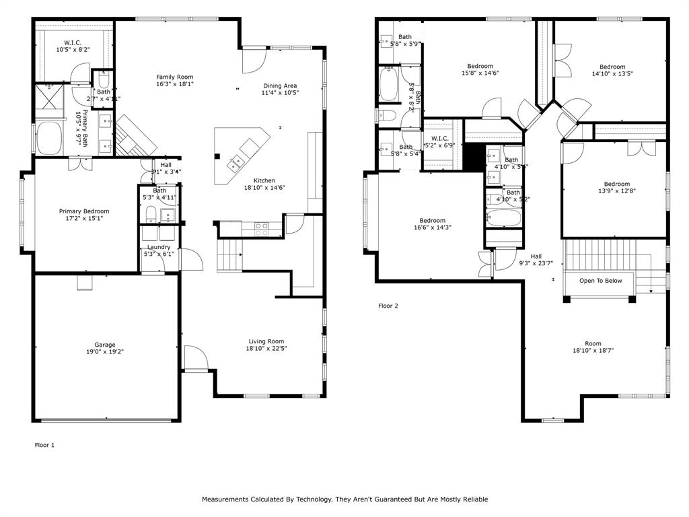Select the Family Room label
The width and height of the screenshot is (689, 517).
click(x=175, y=77)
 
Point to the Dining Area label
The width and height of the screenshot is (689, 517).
click(x=279, y=85)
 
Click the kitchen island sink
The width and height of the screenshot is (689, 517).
click(x=236, y=162)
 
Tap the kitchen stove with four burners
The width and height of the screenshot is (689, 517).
click(x=262, y=229)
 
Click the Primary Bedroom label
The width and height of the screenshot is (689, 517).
click(x=83, y=211)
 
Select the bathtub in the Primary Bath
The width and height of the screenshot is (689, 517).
click(x=49, y=137)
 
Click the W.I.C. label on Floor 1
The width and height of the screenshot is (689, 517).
click(x=73, y=43)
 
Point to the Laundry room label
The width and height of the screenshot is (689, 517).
click(x=159, y=247)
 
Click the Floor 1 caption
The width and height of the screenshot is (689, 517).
click(x=44, y=445)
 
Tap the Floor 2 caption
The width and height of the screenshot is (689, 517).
click(x=388, y=306)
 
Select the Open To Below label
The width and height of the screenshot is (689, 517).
click(x=601, y=281)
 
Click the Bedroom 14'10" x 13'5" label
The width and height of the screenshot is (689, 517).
click(x=612, y=67)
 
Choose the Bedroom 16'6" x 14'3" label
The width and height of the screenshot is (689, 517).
click(x=432, y=220)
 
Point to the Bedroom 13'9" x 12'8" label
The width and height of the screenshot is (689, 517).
click(x=616, y=184)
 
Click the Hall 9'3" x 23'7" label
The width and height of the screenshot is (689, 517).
click(x=536, y=256)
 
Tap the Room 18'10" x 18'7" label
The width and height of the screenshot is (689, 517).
click(x=593, y=343)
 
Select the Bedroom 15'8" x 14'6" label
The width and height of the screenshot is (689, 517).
click(x=480, y=66)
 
